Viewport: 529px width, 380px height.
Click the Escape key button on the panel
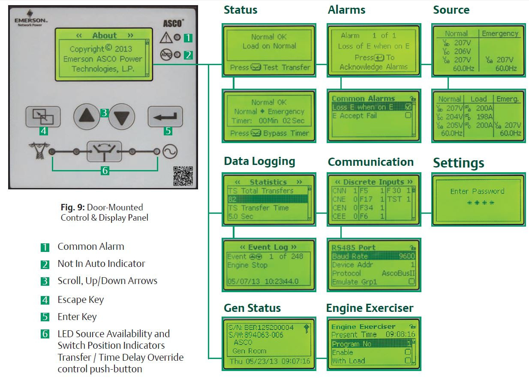point(43,116)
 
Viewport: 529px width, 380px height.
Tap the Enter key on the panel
point(165,116)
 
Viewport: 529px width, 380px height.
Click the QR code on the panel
point(183,176)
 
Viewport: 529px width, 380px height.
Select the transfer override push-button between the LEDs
point(104,151)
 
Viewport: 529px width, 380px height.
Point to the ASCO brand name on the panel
point(174,24)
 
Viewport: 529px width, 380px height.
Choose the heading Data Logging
point(259,162)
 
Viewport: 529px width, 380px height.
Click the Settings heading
point(458,163)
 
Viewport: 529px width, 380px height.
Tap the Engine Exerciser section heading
point(370,308)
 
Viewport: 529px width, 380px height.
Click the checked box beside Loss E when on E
point(408,107)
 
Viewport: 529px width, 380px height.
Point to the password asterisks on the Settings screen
point(478,203)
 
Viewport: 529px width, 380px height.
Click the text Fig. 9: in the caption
point(72,207)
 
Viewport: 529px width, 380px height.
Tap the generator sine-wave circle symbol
point(170,151)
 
